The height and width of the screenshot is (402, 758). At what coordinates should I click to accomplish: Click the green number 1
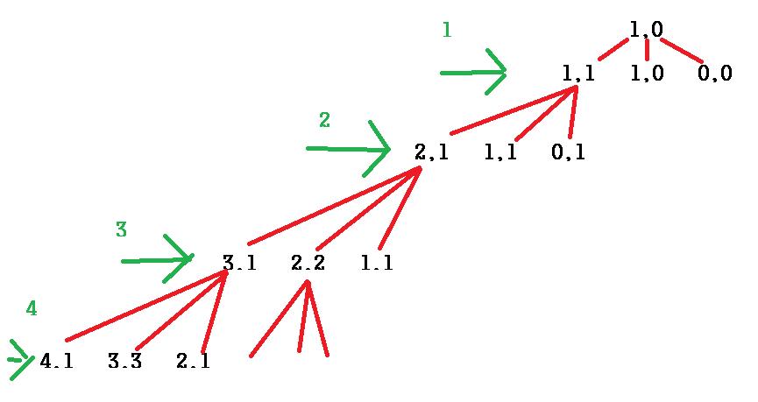click(x=447, y=31)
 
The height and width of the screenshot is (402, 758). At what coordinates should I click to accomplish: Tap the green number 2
click(x=324, y=121)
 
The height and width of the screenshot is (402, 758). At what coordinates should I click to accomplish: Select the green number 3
click(x=122, y=230)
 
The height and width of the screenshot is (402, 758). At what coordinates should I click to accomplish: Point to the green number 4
click(x=32, y=308)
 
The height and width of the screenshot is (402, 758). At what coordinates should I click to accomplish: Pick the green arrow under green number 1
click(x=473, y=73)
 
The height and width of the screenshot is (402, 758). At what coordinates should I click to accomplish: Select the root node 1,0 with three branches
click(x=646, y=29)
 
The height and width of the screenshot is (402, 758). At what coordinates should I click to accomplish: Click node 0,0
click(x=714, y=74)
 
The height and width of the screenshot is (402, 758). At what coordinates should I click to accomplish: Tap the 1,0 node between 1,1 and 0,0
click(x=647, y=74)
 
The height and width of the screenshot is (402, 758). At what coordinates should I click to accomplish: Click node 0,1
click(x=568, y=152)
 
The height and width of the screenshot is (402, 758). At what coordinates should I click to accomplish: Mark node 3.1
click(x=239, y=263)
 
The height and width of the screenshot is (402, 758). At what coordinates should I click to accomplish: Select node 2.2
click(x=308, y=263)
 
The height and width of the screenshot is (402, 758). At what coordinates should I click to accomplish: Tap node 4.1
click(x=56, y=361)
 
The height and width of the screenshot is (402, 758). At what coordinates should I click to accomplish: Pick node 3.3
click(x=124, y=361)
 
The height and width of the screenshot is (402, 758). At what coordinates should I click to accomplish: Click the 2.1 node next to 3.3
click(x=193, y=361)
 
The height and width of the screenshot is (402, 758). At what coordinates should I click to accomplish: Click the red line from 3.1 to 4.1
click(x=145, y=307)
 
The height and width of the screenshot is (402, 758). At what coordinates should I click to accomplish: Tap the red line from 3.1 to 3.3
click(x=181, y=311)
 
